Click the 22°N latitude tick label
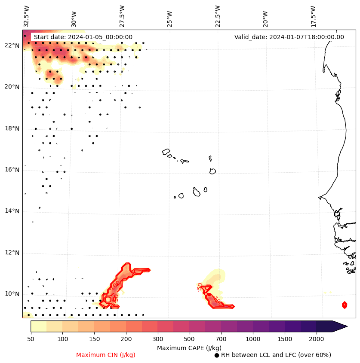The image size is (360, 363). [x=12, y=46]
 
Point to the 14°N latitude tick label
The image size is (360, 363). [x=12, y=211]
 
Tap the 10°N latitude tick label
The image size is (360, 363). [x=12, y=294]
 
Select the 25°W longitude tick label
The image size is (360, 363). [x=169, y=18]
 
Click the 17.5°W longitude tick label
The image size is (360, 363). [x=313, y=15]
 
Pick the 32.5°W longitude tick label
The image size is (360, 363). [x=27, y=15]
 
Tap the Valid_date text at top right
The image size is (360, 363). [x=289, y=37]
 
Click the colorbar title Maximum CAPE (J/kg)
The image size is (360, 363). [x=189, y=348]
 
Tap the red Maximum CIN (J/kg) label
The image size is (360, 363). [x=106, y=355]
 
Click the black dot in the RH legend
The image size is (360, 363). [x=217, y=355]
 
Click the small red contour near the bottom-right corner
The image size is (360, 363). [x=345, y=305]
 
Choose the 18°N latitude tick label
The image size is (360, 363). [x=12, y=128]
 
